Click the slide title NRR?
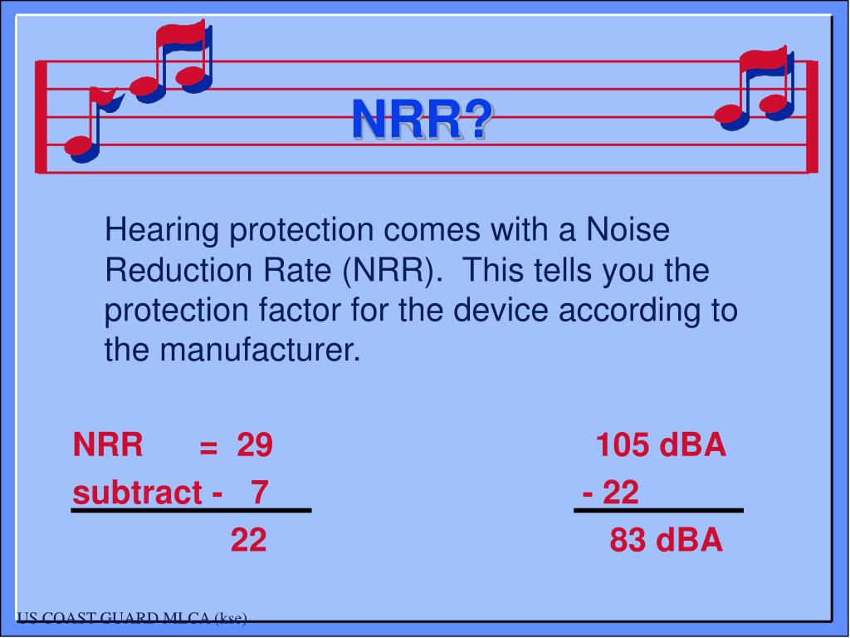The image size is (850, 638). [x=422, y=119]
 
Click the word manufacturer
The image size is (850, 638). [x=261, y=351]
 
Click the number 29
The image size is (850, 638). [x=254, y=446]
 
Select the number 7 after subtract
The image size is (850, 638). [x=260, y=493]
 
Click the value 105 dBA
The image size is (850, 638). [x=661, y=446]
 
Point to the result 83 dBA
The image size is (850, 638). [x=667, y=541]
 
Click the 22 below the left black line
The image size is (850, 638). [x=248, y=541]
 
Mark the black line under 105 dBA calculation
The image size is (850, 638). [x=659, y=510]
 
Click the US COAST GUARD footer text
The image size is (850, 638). [x=132, y=617]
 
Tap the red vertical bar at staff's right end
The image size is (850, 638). [x=812, y=116]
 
